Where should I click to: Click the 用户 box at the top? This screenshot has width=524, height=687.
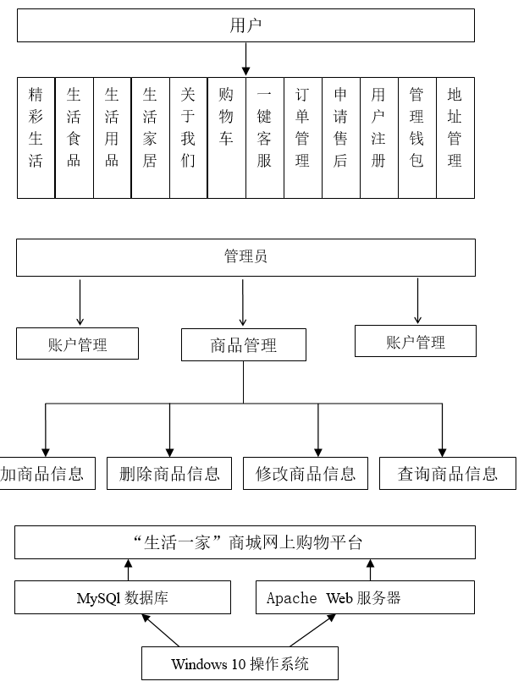(245, 25)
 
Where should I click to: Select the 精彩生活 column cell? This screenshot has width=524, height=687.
(36, 138)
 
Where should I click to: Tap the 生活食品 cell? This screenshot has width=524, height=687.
(74, 138)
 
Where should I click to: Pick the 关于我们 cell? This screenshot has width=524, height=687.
(188, 138)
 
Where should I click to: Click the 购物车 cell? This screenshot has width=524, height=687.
(226, 138)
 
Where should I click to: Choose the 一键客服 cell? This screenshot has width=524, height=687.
(265, 138)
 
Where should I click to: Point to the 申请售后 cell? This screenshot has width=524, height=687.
(340, 138)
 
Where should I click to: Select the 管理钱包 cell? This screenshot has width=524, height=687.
(416, 138)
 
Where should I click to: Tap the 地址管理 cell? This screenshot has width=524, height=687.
(455, 138)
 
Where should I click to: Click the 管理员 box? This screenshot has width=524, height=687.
(245, 257)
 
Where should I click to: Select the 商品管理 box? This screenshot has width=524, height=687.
(243, 345)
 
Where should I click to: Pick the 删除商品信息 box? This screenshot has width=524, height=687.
(169, 473)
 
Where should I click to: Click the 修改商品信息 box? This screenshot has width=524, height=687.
(306, 473)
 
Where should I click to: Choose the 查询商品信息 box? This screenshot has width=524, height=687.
(447, 473)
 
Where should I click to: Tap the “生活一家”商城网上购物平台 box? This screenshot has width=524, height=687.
(245, 542)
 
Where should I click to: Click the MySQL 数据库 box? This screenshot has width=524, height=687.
(123, 598)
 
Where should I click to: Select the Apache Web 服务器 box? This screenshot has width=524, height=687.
(366, 598)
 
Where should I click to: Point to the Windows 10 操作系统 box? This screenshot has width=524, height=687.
(240, 663)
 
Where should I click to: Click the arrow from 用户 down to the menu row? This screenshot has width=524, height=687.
(245, 59)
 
